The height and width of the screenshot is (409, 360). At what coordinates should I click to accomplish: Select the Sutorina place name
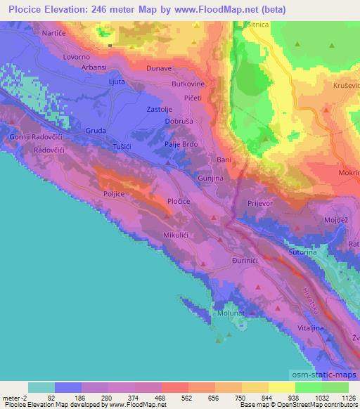pos(304,250)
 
